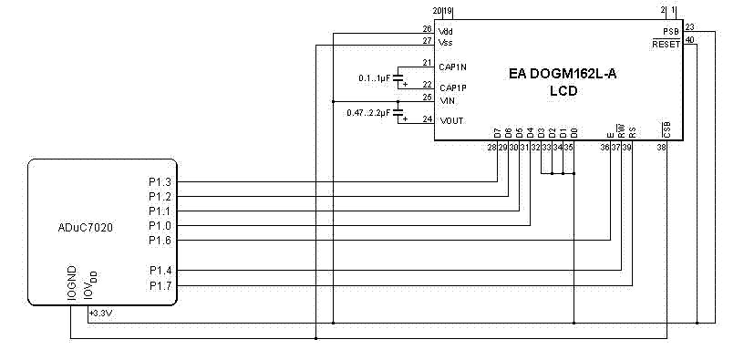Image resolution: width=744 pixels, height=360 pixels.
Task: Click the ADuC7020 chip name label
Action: click(x=86, y=228)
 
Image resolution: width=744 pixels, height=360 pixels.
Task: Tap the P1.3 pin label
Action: click(x=160, y=181)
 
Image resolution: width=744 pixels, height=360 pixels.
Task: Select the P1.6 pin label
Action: click(x=160, y=241)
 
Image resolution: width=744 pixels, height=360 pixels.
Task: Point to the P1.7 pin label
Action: click(x=160, y=286)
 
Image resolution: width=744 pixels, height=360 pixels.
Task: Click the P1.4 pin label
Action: click(x=160, y=271)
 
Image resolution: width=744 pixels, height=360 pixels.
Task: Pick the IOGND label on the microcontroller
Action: click(x=72, y=283)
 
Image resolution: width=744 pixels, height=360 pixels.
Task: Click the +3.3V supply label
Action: click(x=100, y=313)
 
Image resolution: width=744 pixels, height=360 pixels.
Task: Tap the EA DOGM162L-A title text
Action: click(x=563, y=74)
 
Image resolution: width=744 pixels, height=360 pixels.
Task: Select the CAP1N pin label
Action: click(x=452, y=67)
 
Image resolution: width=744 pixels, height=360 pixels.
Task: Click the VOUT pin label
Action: click(x=451, y=121)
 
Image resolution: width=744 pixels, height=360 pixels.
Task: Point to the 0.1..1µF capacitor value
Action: click(x=375, y=77)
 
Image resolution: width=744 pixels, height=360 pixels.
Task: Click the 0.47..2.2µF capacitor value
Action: click(x=368, y=113)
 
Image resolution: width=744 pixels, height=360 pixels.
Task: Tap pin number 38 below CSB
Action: click(x=661, y=148)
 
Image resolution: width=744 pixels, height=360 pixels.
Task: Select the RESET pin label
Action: click(x=666, y=45)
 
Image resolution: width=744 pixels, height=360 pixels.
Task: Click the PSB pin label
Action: click(x=671, y=32)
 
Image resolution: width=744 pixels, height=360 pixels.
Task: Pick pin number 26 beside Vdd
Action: click(x=427, y=29)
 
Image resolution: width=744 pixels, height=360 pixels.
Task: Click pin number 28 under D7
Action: click(x=491, y=148)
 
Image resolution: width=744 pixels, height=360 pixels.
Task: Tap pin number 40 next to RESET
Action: click(x=690, y=39)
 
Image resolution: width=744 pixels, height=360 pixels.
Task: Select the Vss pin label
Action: click(x=446, y=43)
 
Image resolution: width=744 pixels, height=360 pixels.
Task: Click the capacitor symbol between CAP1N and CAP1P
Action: click(x=398, y=77)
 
